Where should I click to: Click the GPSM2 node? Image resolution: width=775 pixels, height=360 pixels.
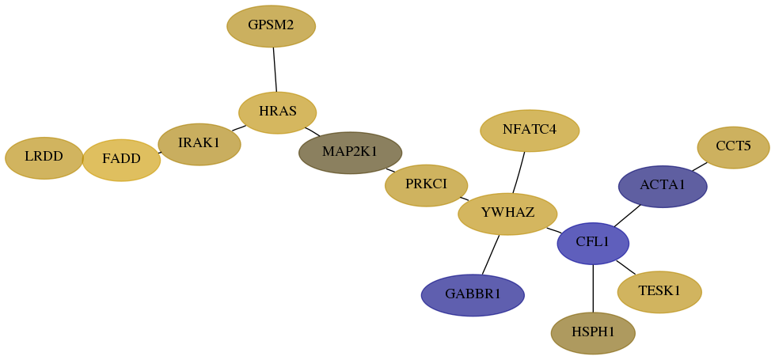coord(271,26)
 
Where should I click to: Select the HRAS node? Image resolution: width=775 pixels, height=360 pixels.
coord(277,112)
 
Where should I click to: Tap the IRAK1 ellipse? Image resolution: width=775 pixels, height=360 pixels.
coord(199,144)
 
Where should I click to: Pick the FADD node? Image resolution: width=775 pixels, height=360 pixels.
coord(121,160)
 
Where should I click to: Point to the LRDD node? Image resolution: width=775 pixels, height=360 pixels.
coord(44,158)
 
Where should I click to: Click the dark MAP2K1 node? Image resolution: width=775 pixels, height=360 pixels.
coord(350,153)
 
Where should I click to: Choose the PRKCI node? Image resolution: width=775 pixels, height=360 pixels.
coord(426,186)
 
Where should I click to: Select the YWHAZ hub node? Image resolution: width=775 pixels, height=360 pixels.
coord(507,214)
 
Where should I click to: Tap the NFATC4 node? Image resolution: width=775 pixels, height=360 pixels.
coord(530,131)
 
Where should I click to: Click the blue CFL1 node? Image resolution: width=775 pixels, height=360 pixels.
coord(593,244)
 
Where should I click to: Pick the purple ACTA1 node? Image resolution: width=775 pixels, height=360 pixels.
coord(663,187)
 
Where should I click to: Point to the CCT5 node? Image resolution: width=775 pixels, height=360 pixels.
coord(733,147)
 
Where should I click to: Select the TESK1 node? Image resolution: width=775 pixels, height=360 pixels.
coord(659,292)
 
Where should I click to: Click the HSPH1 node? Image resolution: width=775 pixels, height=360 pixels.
coord(593,333)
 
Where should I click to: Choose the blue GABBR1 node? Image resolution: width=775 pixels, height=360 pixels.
coord(473,295)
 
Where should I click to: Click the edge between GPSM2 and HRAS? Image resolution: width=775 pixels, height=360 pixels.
coord(275,70)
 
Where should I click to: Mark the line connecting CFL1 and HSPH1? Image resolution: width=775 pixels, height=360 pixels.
coord(593,288)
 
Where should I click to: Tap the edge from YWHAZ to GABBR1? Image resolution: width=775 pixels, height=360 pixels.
coord(491,255)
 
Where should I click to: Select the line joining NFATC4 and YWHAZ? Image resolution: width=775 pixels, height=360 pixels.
coord(519,172)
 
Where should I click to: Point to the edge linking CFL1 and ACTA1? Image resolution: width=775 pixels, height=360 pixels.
coord(627,216)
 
